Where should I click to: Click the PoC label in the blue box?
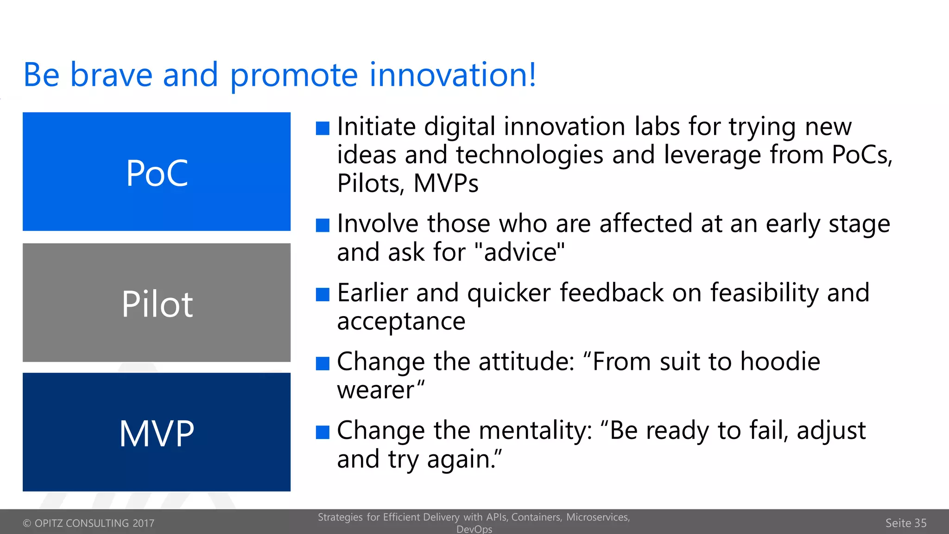point(157,173)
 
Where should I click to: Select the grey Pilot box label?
point(157,304)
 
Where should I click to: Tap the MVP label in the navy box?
point(157,433)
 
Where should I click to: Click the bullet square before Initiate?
point(323,128)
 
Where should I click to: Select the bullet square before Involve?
point(323,225)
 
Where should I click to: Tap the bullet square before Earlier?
point(323,294)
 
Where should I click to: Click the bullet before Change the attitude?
point(323,363)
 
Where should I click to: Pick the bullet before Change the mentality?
point(323,432)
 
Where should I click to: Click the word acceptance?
point(401,321)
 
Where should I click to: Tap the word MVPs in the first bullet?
point(445,184)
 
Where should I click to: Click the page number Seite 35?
point(905,523)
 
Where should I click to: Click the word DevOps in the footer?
point(474,529)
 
